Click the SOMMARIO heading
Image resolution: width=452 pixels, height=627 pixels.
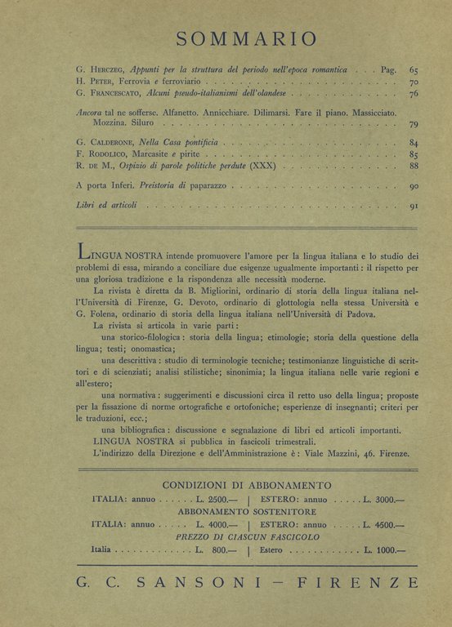(246, 38)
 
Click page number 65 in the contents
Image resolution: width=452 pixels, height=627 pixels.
(414, 70)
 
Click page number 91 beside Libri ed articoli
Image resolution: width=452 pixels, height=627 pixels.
(414, 207)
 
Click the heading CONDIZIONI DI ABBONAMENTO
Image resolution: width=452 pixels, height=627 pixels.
(246, 485)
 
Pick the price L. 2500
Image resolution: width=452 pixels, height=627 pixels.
(216, 499)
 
